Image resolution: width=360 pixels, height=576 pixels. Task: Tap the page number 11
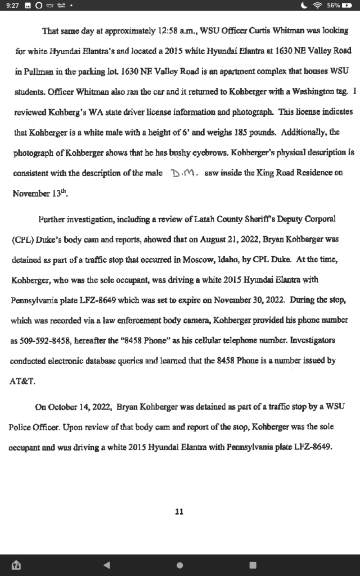(x=179, y=511)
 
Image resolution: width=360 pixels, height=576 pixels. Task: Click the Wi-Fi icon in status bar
(x=319, y=5)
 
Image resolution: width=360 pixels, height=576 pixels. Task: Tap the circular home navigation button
(x=179, y=565)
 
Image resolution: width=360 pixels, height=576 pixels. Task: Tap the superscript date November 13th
(x=34, y=193)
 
